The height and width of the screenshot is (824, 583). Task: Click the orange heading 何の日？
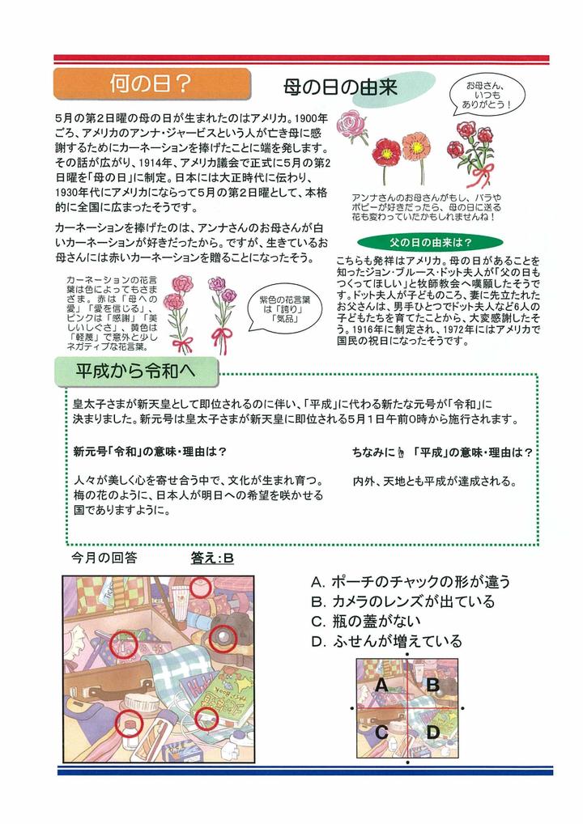(x=151, y=83)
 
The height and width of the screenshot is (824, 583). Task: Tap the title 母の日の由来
(x=339, y=87)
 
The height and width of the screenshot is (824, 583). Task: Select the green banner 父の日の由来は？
(x=419, y=242)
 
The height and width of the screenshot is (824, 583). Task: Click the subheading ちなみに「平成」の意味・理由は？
(x=442, y=452)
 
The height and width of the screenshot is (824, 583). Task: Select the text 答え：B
(x=212, y=558)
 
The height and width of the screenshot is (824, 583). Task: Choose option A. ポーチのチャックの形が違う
(x=411, y=581)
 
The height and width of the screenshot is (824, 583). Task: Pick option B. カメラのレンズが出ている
(x=402, y=601)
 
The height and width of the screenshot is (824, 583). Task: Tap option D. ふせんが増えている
(x=387, y=642)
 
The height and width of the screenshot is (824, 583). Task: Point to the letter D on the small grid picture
(x=432, y=733)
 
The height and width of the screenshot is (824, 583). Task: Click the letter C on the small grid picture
(x=381, y=733)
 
